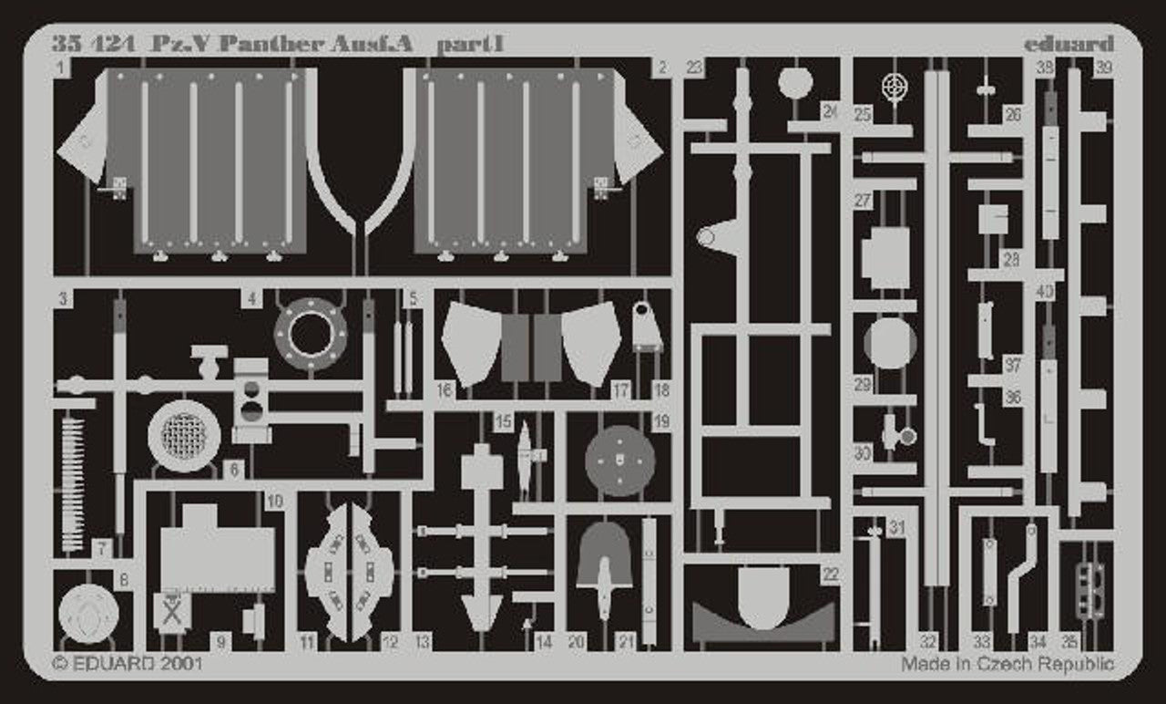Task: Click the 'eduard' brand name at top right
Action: [1068, 44]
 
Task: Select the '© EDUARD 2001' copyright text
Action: [128, 664]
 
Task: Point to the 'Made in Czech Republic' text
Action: [1007, 664]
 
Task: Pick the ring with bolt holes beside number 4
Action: [311, 334]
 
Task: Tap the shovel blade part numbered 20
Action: [604, 555]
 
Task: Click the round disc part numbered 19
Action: [620, 461]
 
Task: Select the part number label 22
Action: [829, 575]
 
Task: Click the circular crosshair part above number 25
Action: [895, 87]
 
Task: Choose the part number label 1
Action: [62, 67]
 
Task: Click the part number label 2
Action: [662, 67]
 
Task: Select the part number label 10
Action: [275, 501]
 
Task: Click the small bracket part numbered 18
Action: [647, 326]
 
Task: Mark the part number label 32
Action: [928, 641]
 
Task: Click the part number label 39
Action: [1104, 67]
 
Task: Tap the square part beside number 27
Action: [885, 258]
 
